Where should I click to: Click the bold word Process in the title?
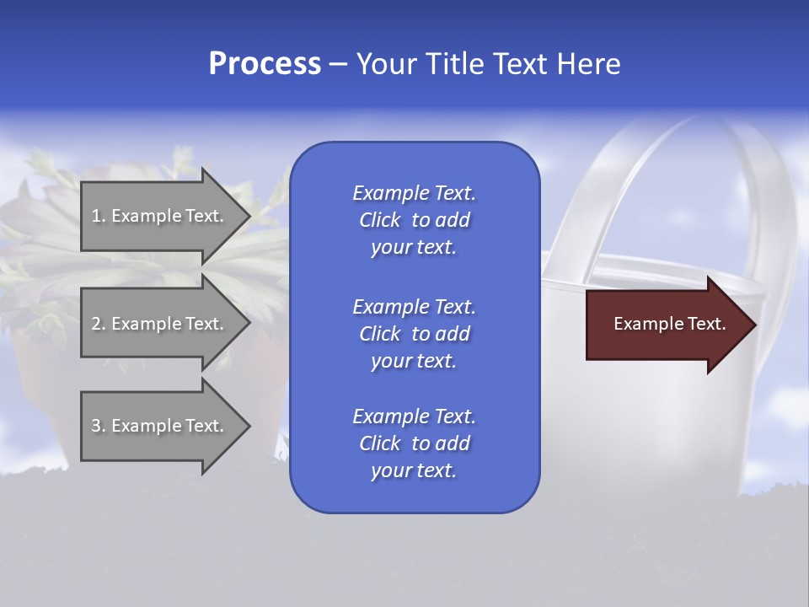click(x=265, y=64)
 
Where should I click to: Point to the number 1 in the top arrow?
click(x=96, y=216)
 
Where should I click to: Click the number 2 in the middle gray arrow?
click(x=96, y=324)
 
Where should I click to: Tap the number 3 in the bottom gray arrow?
click(x=96, y=426)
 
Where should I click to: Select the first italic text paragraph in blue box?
click(x=414, y=220)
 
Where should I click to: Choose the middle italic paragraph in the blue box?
click(x=414, y=334)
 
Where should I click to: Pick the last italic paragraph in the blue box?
click(x=414, y=443)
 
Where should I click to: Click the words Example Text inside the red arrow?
click(x=670, y=324)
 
